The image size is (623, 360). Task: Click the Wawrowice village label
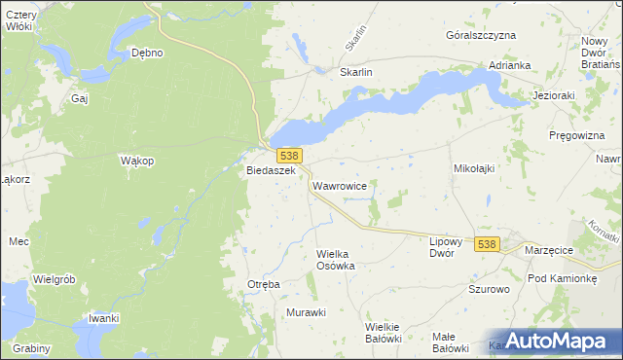point(339,185)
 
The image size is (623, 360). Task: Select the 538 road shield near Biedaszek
point(288,156)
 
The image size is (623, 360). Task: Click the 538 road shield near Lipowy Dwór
point(488,244)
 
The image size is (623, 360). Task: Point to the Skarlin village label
point(356,72)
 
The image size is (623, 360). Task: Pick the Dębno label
point(147,53)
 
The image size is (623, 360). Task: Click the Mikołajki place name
point(475,168)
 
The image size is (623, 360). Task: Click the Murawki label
point(306,312)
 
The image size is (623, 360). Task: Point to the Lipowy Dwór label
point(450,245)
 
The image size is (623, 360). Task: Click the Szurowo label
point(490,290)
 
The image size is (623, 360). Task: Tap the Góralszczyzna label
point(480,35)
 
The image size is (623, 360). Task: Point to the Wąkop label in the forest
point(136,161)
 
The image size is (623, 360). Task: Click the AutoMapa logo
point(551,340)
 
